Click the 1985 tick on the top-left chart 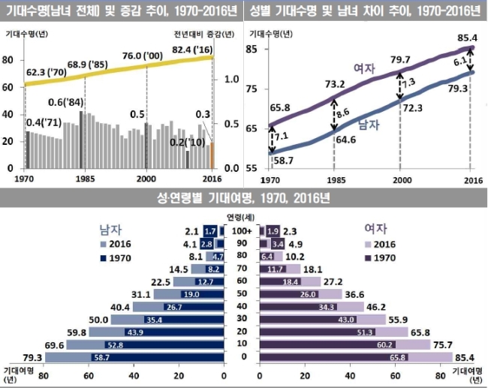84,180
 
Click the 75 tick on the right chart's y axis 252,89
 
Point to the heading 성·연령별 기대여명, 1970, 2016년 244,198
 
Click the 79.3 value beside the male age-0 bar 32,357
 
